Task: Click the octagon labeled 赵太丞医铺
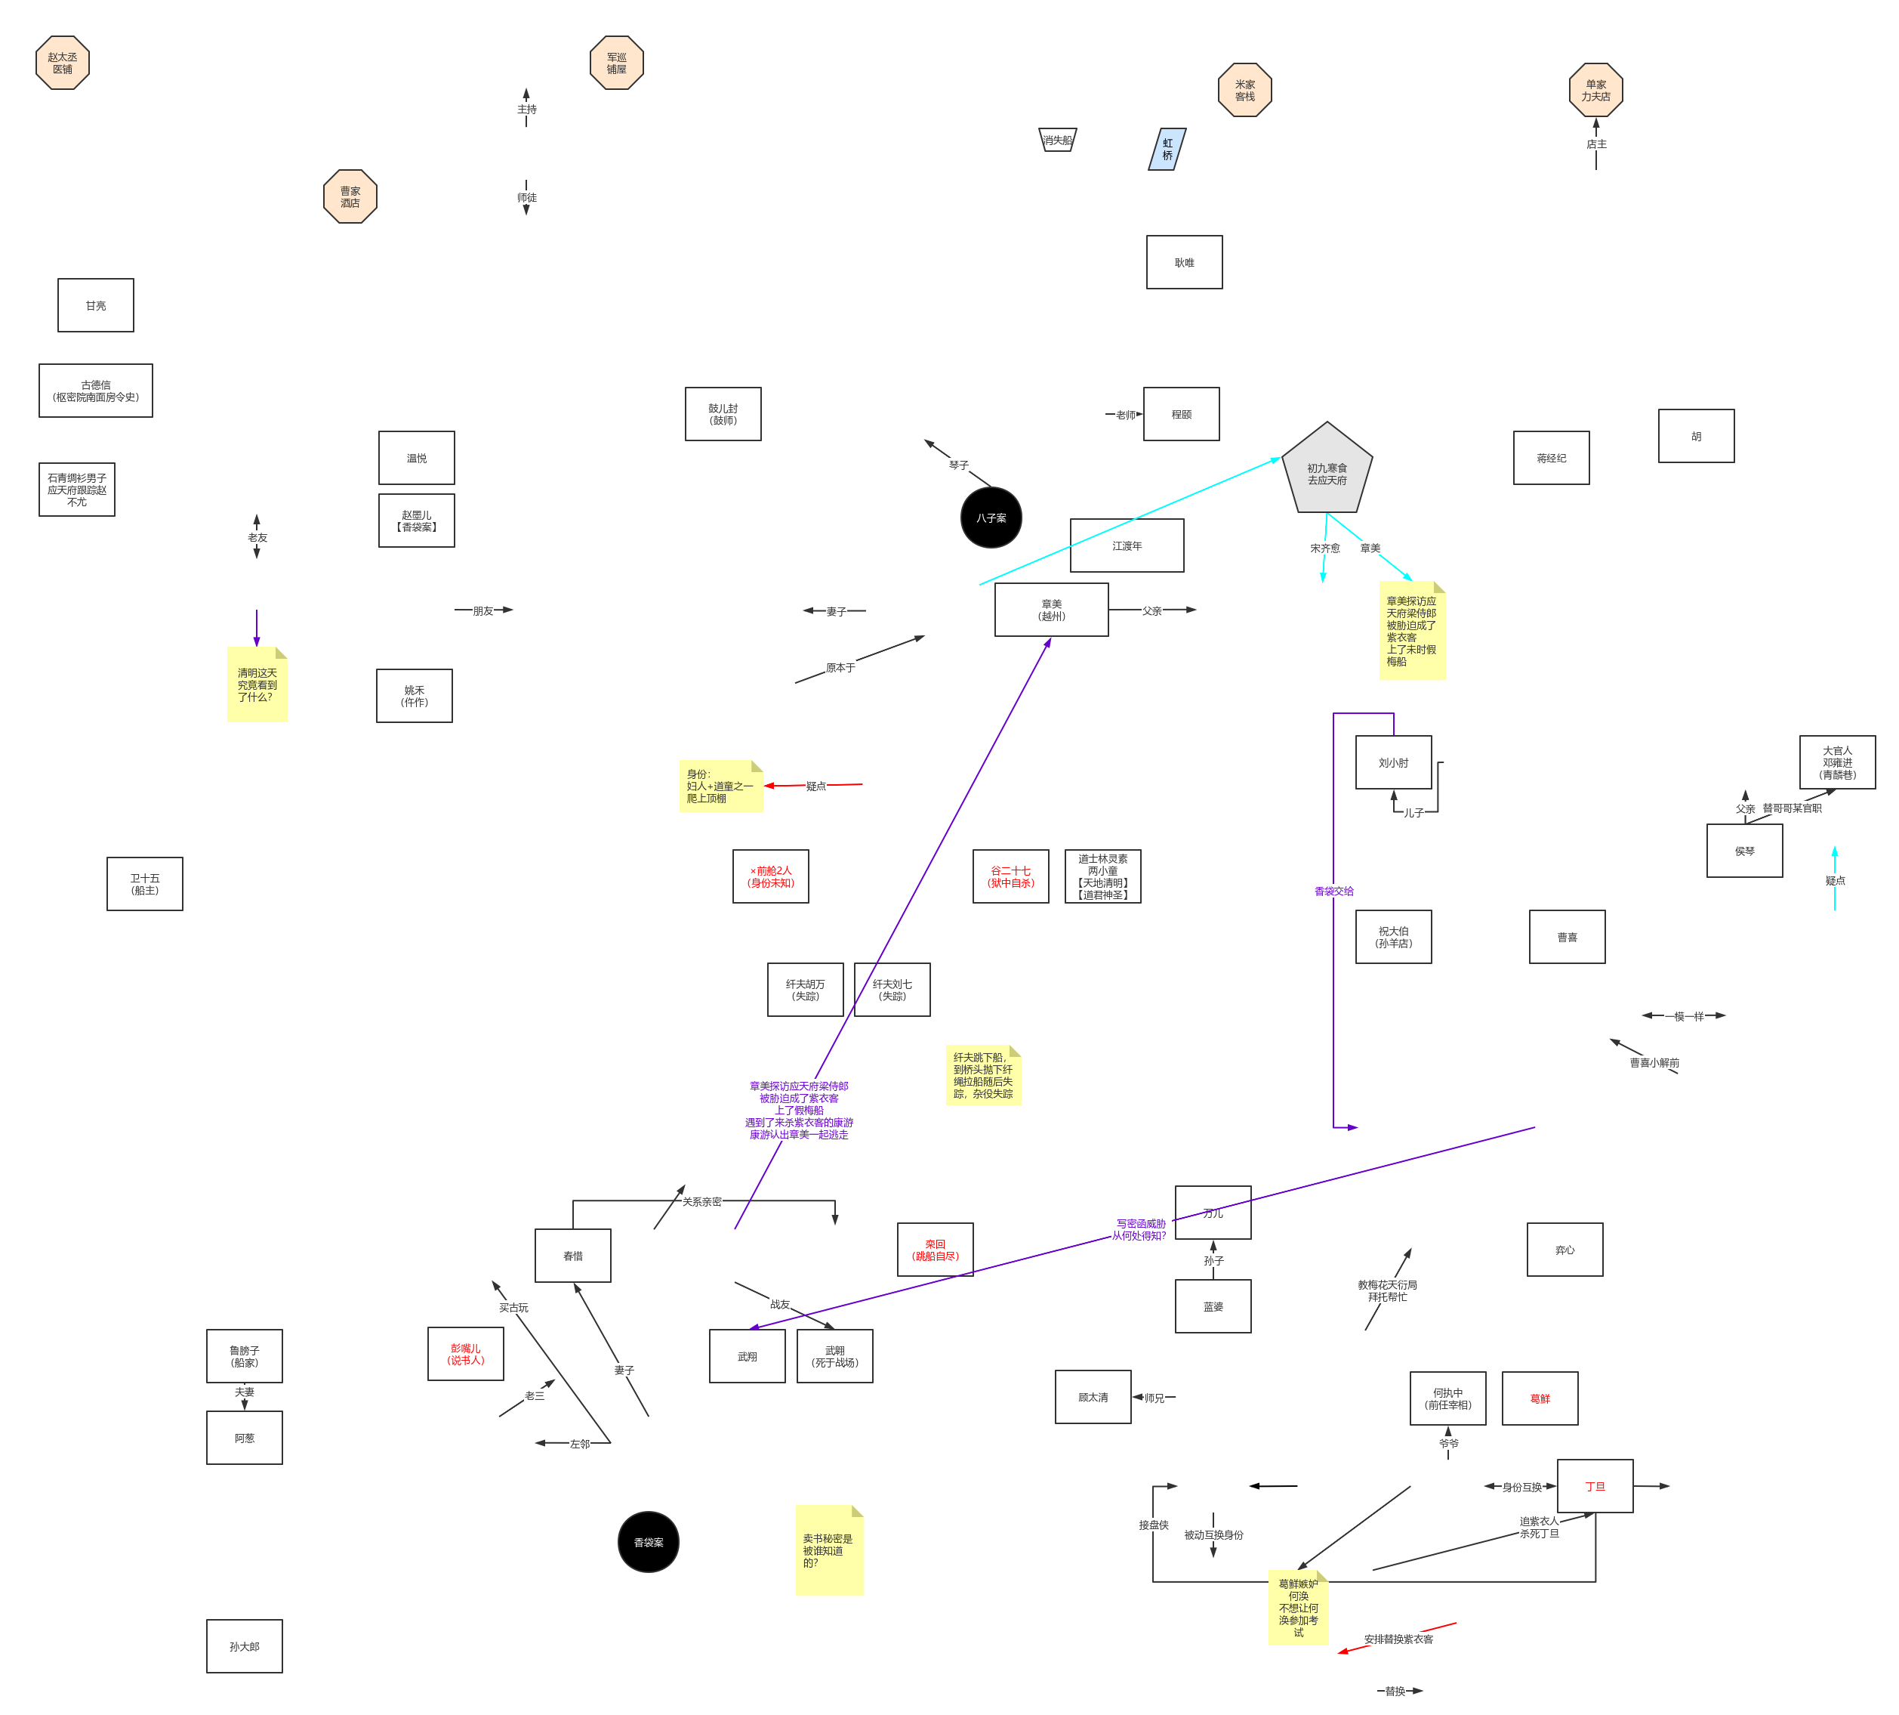[62, 63]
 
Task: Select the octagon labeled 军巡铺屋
[616, 63]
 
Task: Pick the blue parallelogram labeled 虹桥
[1167, 149]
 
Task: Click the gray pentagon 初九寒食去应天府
[1327, 471]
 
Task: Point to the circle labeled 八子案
[991, 518]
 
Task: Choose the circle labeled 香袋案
[648, 1543]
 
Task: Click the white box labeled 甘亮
[95, 305]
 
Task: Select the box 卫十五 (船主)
[144, 884]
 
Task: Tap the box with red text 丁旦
[1595, 1486]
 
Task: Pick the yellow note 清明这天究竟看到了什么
[257, 685]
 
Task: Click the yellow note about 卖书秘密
[829, 1551]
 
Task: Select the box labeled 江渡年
[1127, 545]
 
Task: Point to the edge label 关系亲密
[701, 1201]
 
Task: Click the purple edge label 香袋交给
[1333, 891]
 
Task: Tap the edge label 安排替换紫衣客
[1399, 1639]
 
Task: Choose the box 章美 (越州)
[1051, 610]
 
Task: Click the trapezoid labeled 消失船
[1057, 140]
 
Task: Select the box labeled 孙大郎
[244, 1646]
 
